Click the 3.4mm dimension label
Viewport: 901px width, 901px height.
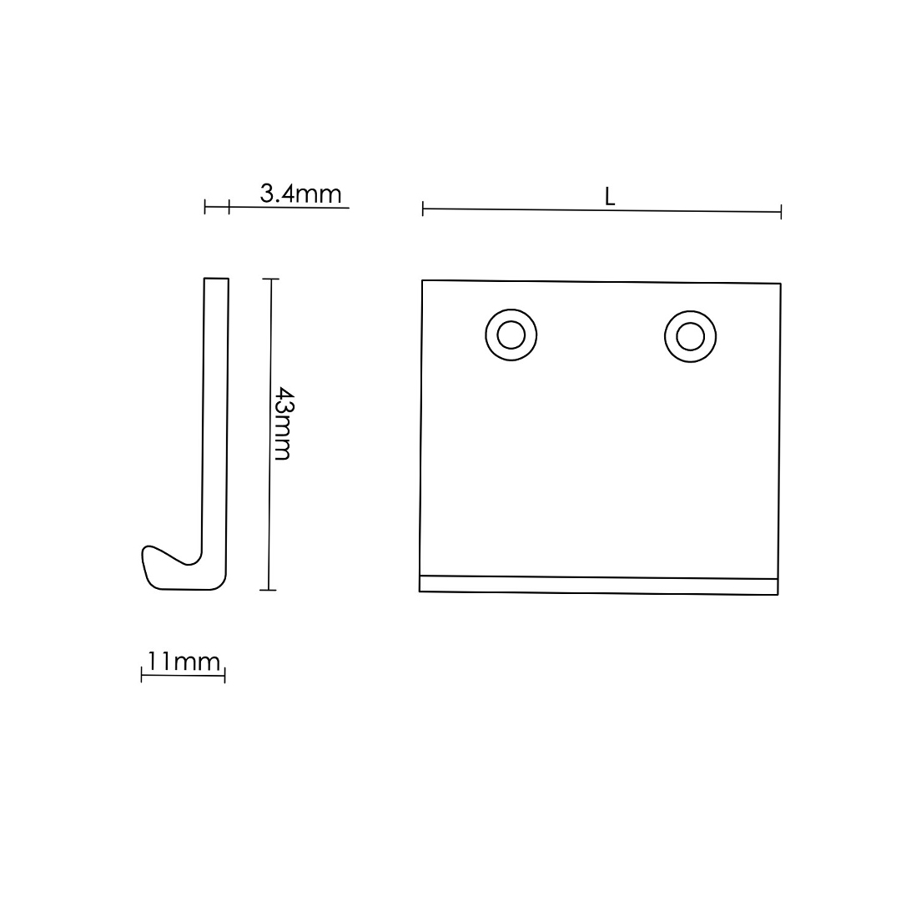pos(300,194)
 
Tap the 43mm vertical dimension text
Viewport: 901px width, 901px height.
pos(283,423)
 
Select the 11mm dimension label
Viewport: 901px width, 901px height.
pos(184,662)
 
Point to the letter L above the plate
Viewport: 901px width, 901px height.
pos(610,197)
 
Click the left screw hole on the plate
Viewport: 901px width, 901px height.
pos(511,335)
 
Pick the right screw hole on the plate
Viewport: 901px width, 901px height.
pos(690,336)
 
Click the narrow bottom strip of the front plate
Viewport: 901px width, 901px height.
pos(599,585)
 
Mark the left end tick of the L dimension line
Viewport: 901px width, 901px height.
pos(423,209)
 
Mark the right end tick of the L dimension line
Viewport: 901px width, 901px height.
pos(781,212)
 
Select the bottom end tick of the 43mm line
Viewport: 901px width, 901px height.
pos(268,590)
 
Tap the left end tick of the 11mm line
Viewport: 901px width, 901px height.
pos(142,676)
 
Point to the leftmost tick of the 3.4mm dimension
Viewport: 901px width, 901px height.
pos(205,207)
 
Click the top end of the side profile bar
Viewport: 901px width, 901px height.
pos(216,279)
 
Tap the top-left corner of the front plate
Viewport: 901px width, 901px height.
pos(423,281)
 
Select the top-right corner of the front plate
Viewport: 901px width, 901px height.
pos(780,284)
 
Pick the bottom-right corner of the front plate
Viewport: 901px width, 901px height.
pos(778,594)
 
